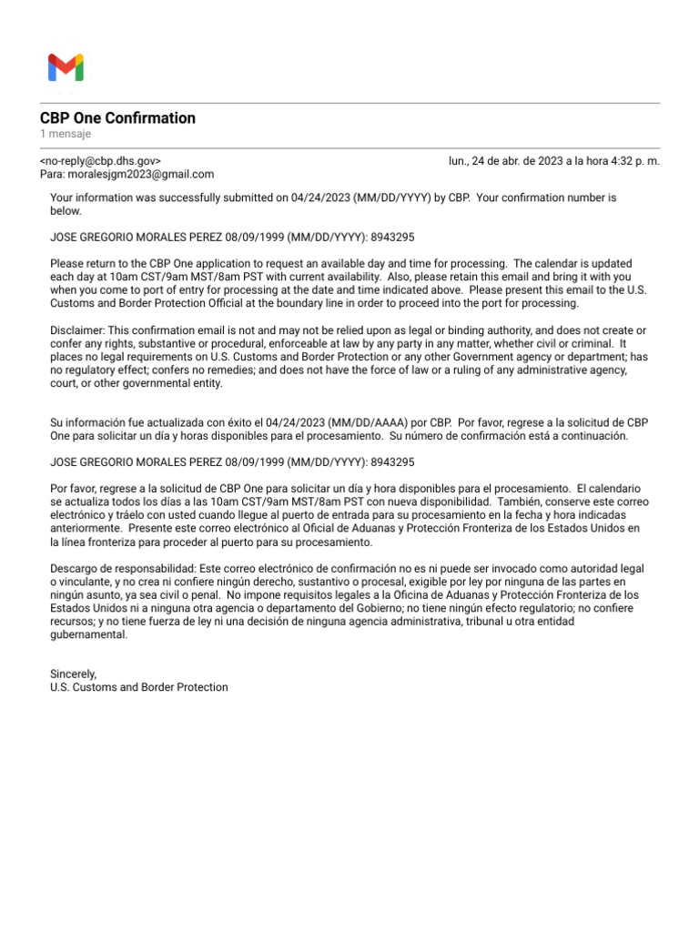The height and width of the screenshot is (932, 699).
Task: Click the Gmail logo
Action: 66,68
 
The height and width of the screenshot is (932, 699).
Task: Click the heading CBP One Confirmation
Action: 117,118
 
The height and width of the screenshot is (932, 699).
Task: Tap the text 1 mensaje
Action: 66,135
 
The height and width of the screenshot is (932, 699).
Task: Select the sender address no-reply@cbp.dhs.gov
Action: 101,161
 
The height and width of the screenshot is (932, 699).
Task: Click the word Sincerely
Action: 73,674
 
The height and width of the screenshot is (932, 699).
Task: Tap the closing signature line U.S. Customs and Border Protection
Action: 139,687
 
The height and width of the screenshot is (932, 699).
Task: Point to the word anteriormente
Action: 86,528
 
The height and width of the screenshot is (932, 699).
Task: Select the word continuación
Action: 594,436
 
